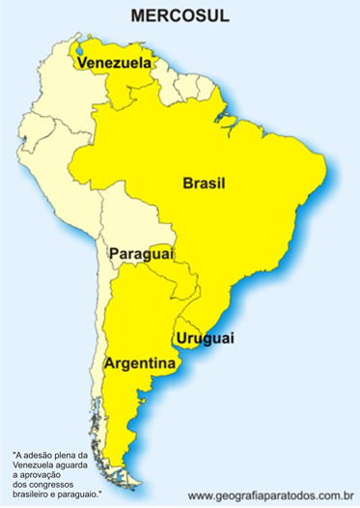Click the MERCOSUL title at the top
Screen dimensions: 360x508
(x=180, y=16)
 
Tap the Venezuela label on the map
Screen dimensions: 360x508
(x=115, y=63)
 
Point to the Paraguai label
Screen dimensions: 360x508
(x=140, y=253)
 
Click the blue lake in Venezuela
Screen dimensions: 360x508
(x=89, y=44)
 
